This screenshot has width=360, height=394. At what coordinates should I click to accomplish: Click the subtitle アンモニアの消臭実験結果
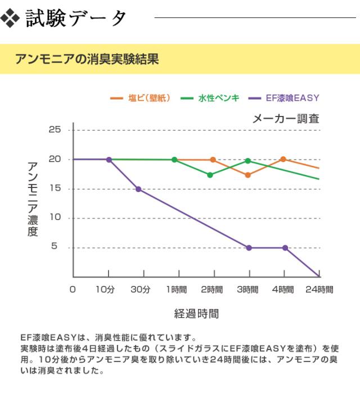(x=87, y=59)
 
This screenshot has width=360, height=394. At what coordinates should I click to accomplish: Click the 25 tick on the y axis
(x=55, y=130)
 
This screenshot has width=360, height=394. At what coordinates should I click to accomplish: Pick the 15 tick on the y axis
(x=55, y=189)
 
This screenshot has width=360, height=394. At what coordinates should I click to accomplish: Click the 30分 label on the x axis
(x=141, y=290)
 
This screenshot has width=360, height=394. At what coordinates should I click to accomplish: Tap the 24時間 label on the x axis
(x=319, y=290)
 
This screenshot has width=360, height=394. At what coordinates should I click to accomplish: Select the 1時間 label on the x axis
(x=177, y=290)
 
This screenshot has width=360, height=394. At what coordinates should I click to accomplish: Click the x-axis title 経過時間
(x=196, y=314)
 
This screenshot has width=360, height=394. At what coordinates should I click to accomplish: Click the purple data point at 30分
(x=138, y=189)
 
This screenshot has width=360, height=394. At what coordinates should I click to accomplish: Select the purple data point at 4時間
(x=285, y=248)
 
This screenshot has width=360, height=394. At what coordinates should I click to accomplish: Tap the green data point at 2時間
(x=210, y=175)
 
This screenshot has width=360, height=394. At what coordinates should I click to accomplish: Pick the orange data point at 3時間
(x=248, y=175)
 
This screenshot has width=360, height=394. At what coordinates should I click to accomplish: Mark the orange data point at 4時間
(x=283, y=159)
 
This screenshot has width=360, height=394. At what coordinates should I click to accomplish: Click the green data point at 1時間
(x=174, y=160)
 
